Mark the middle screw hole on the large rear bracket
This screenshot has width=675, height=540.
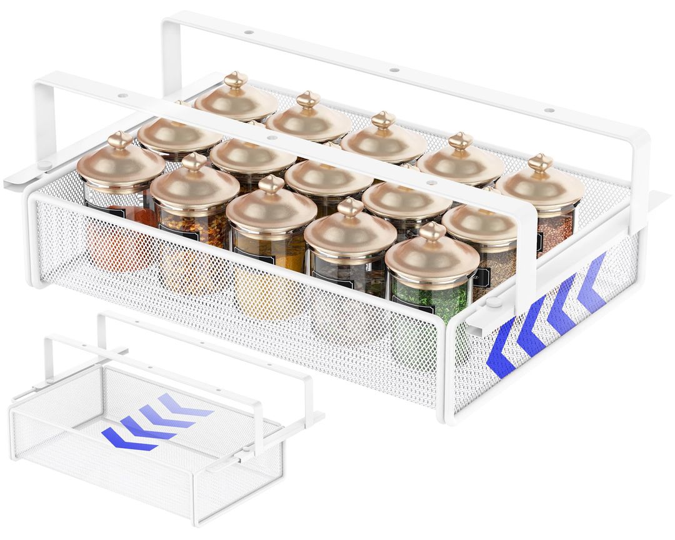click(x=394, y=70)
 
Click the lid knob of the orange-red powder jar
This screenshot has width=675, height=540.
click(x=119, y=139)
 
